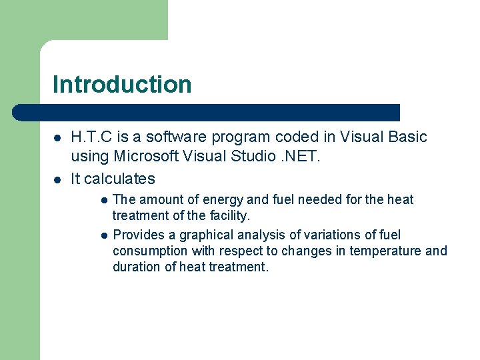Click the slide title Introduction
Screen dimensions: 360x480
click(122, 85)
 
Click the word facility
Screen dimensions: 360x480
click(228, 215)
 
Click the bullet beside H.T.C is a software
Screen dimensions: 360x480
click(57, 138)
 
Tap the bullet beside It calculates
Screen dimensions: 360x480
click(57, 179)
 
